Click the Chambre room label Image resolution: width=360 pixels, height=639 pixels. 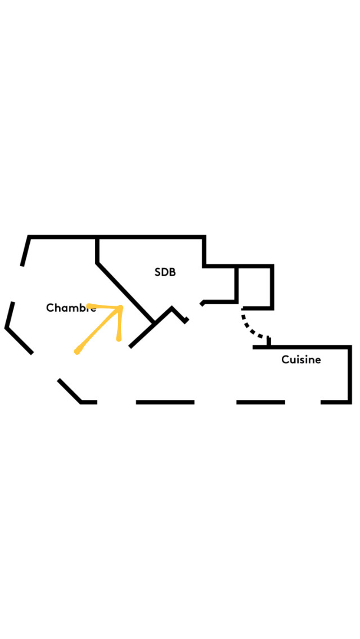point(71,308)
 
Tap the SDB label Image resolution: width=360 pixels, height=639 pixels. point(165,272)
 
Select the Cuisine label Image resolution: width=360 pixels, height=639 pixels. point(301,360)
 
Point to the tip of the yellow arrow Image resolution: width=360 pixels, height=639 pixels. point(121,307)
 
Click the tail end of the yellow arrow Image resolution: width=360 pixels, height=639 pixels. point(76,352)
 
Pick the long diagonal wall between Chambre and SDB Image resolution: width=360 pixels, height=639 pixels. point(125,292)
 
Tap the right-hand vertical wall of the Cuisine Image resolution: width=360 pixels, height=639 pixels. point(349,375)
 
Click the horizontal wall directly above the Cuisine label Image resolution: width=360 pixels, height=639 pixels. point(301,347)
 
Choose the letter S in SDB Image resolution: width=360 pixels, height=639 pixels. point(157,272)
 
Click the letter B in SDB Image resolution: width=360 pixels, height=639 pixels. point(173,272)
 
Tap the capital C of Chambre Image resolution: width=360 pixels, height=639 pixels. point(49,308)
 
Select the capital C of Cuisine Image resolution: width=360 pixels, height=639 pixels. point(285,360)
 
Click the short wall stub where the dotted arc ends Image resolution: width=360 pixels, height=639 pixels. point(269,341)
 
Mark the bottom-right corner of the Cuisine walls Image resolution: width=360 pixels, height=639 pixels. point(349,402)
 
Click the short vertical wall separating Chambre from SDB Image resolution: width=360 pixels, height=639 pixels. point(97,250)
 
